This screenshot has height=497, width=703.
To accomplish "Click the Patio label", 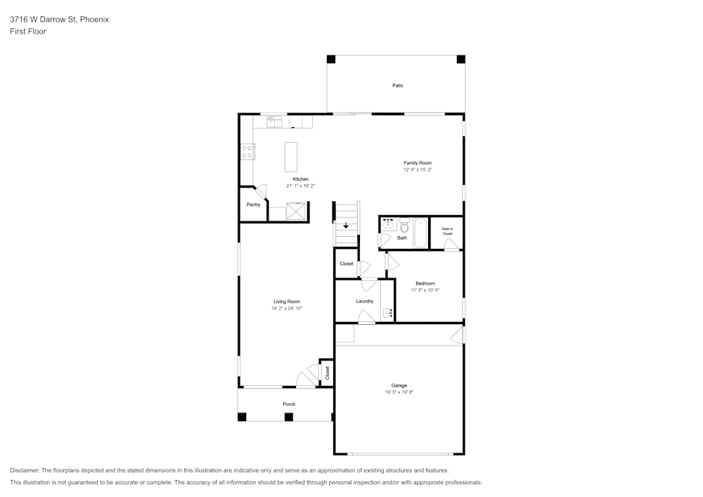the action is click(x=398, y=85).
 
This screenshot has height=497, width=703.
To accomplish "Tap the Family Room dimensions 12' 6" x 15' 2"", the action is click(x=418, y=170).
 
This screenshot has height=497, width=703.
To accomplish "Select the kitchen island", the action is click(x=291, y=157).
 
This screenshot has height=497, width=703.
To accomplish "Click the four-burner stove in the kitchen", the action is click(x=247, y=151).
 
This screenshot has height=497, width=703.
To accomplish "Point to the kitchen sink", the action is click(x=274, y=122).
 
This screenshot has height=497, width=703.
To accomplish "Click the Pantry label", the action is click(x=253, y=205).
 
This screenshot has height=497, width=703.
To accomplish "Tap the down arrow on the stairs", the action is click(x=346, y=225).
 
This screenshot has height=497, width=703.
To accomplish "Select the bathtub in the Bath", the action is click(x=420, y=233).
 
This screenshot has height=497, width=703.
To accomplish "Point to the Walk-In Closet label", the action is click(x=447, y=231).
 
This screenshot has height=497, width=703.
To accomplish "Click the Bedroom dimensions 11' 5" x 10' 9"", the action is click(x=425, y=290).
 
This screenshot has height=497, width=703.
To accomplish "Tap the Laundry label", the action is click(x=364, y=301).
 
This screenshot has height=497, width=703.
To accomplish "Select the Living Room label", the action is click(x=287, y=302).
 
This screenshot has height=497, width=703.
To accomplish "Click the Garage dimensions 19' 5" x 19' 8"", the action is click(x=399, y=392).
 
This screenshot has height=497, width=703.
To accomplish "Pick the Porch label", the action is click(x=289, y=404).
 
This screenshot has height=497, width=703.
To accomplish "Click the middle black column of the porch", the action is click(x=289, y=417).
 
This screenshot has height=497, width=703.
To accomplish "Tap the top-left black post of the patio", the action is click(x=331, y=59).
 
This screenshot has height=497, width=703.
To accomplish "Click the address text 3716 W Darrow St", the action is click(x=43, y=19).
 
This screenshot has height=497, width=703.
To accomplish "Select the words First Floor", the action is click(x=28, y=32).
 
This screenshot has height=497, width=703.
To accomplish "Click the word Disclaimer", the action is click(x=24, y=470).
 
